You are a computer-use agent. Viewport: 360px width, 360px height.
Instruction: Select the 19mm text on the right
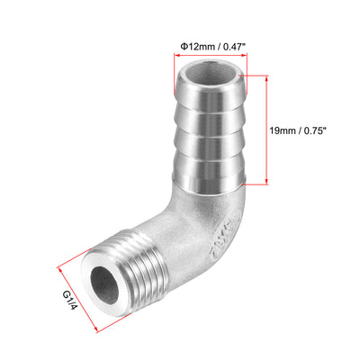284,129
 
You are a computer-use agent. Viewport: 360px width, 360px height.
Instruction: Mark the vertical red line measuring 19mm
265,129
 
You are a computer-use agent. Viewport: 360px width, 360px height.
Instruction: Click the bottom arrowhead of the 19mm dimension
265,183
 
